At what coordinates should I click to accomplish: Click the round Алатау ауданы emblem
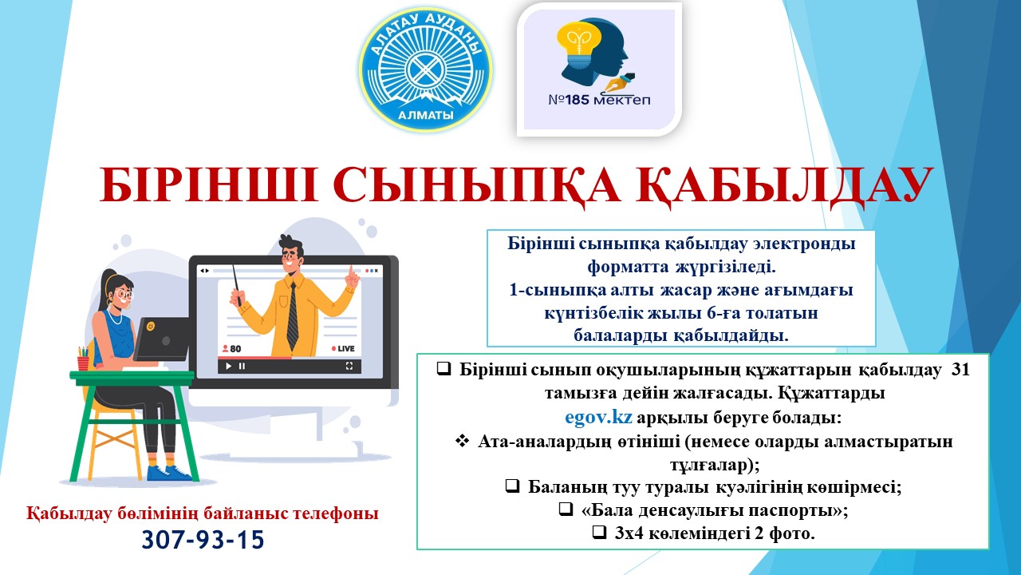click(425, 69)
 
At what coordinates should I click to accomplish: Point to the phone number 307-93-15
click(203, 540)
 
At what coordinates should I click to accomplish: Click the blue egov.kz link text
click(599, 417)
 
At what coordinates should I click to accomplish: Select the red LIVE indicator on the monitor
click(343, 349)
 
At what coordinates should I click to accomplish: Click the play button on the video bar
click(228, 366)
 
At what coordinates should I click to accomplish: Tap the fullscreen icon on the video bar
click(349, 366)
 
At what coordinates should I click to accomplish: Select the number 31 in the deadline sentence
click(960, 371)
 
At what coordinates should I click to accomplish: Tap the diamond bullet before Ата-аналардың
click(462, 441)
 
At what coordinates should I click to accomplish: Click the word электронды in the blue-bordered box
click(809, 244)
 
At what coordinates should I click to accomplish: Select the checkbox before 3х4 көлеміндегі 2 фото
click(598, 533)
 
